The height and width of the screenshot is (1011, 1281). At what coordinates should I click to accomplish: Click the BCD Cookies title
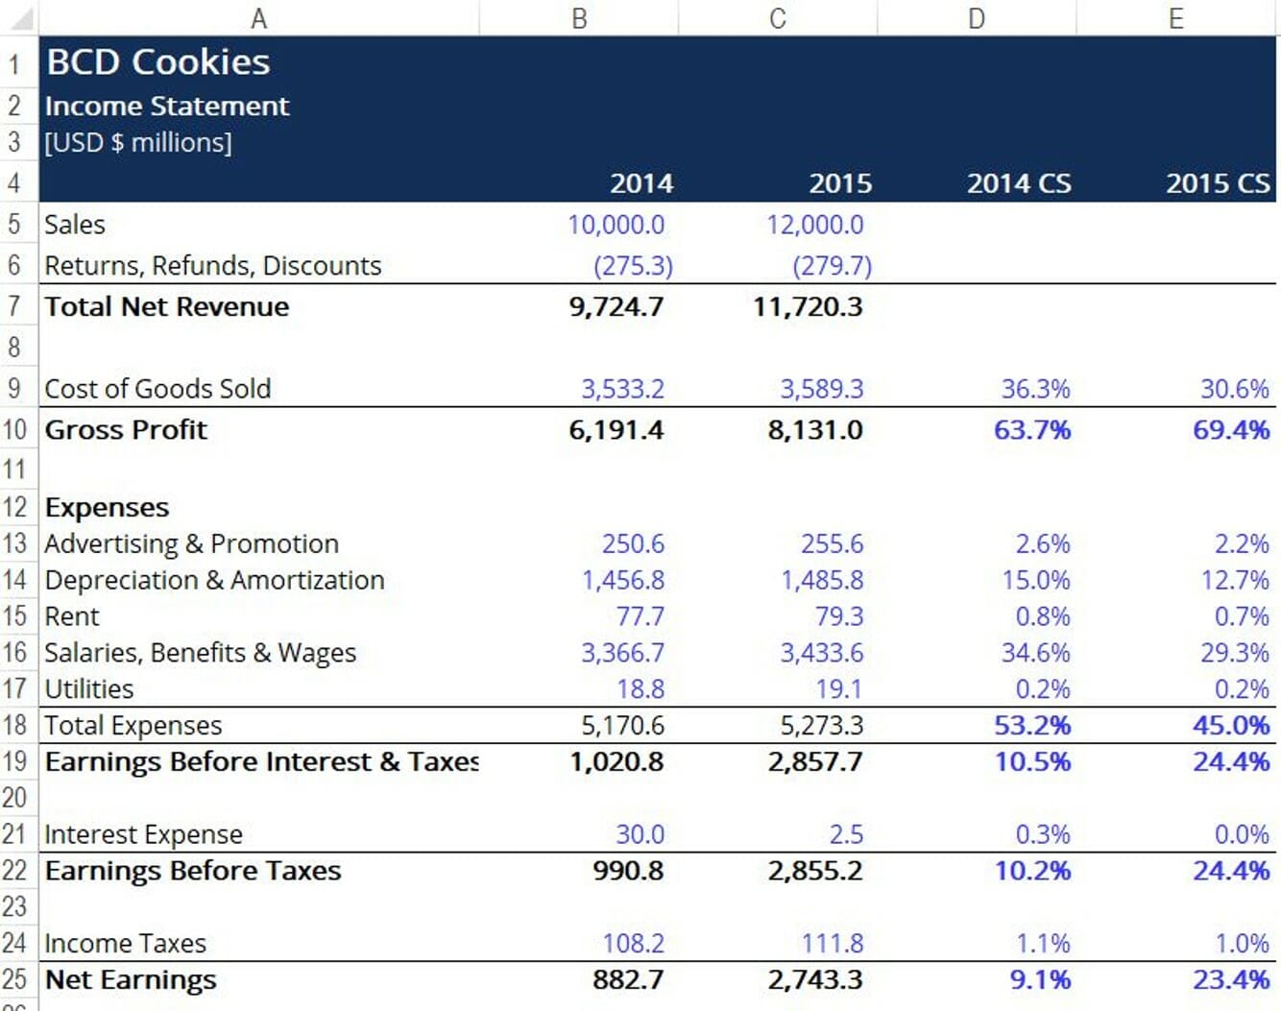click(158, 62)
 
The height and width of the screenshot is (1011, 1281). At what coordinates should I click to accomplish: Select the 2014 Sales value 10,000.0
click(616, 225)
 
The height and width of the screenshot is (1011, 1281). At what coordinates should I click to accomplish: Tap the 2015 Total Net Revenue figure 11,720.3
click(808, 307)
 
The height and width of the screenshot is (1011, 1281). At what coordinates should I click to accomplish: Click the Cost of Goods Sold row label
click(157, 389)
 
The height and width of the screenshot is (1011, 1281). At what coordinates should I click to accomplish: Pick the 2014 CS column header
click(1019, 183)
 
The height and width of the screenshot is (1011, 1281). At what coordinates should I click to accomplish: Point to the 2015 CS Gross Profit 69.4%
click(1231, 430)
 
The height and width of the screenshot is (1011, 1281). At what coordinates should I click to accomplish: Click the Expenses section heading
click(107, 507)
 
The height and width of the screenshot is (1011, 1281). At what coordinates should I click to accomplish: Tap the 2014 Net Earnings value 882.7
click(628, 980)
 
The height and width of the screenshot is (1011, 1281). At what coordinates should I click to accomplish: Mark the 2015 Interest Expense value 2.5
click(846, 834)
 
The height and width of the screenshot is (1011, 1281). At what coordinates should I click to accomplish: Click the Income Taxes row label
click(125, 944)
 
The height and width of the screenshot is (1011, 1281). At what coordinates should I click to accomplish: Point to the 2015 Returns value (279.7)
click(832, 266)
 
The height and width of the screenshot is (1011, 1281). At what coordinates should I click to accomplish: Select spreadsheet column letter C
click(778, 18)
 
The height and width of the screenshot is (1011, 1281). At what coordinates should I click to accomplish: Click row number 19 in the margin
click(14, 762)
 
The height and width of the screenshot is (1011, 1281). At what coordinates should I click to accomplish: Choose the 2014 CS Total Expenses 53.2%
click(1032, 726)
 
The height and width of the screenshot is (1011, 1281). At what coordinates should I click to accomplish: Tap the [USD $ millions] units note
click(138, 143)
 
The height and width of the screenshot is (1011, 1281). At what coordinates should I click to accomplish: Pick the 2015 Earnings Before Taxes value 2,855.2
click(815, 871)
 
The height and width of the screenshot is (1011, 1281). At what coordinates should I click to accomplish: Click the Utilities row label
click(89, 689)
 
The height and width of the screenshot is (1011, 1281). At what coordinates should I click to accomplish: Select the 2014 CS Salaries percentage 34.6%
click(1035, 653)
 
